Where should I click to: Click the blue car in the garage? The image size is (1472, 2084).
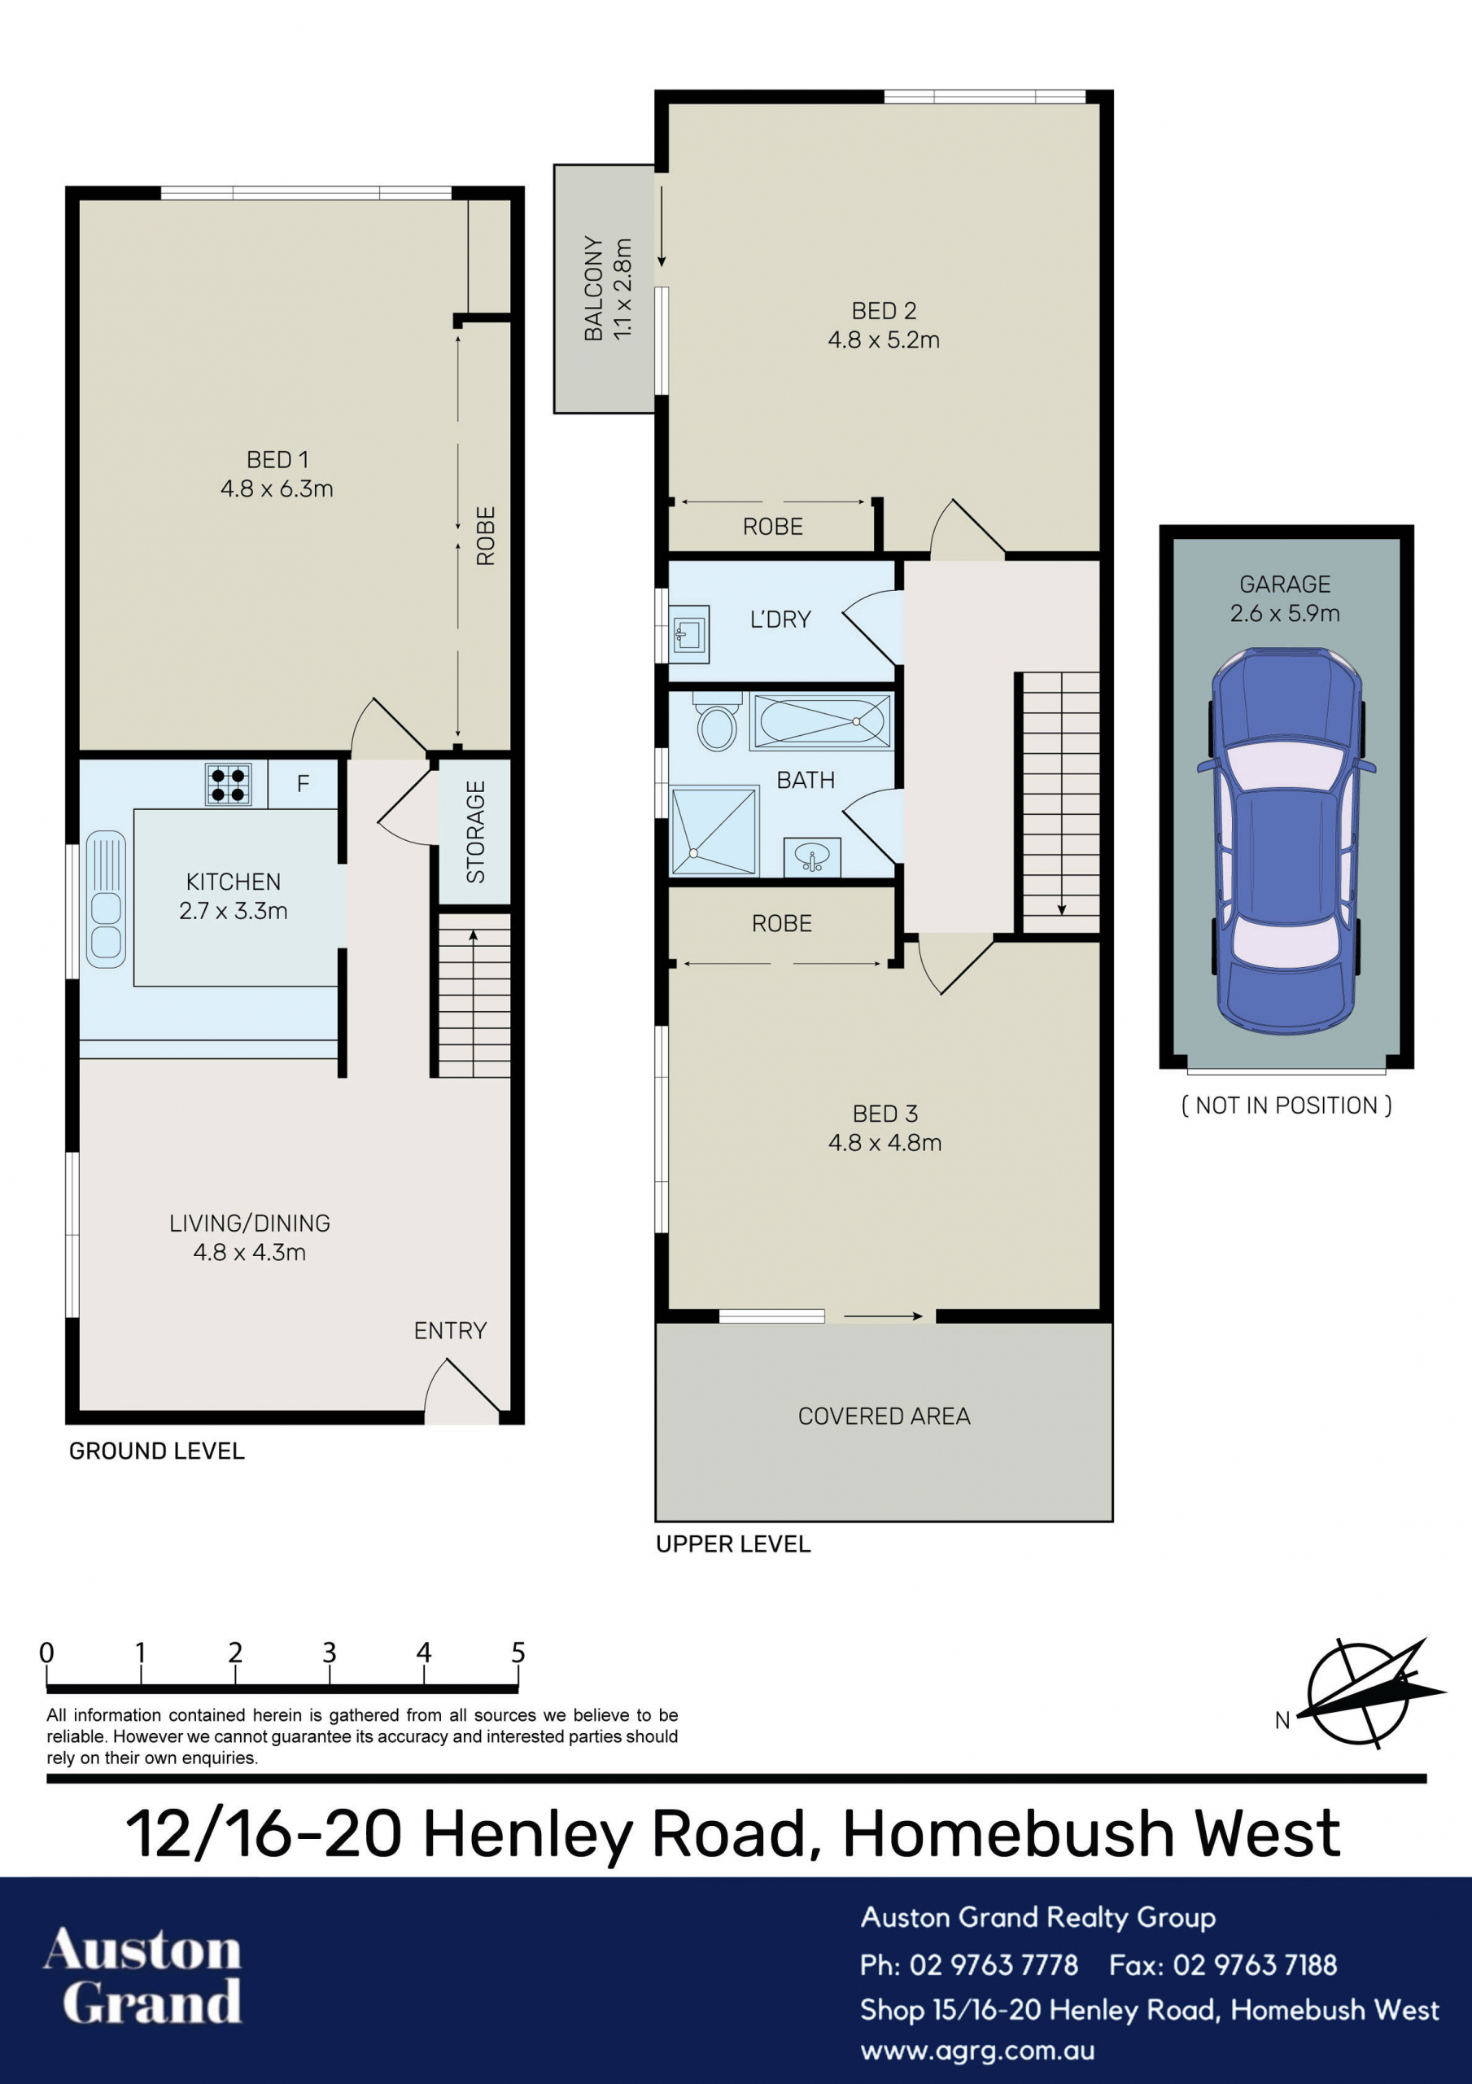pyautogui.click(x=1286, y=840)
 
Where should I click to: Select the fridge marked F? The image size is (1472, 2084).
pyautogui.click(x=304, y=784)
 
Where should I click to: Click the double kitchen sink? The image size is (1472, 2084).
pyautogui.click(x=106, y=899)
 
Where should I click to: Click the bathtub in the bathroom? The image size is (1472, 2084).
pyautogui.click(x=821, y=721)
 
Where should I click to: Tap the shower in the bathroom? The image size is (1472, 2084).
pyautogui.click(x=714, y=831)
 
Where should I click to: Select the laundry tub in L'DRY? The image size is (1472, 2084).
pyautogui.click(x=690, y=633)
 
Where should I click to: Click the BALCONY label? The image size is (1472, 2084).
pyautogui.click(x=593, y=289)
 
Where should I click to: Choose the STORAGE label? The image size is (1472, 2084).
pyautogui.click(x=475, y=831)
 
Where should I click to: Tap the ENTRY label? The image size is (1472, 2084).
pyautogui.click(x=450, y=1331)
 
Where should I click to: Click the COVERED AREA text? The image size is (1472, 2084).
pyautogui.click(x=884, y=1416)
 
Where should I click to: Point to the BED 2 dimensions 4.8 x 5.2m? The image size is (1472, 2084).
pyautogui.click(x=884, y=340)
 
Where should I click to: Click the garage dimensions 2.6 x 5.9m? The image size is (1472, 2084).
pyautogui.click(x=1285, y=614)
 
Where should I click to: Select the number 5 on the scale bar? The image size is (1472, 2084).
pyautogui.click(x=518, y=1652)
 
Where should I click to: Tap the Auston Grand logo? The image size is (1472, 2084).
pyautogui.click(x=143, y=1976)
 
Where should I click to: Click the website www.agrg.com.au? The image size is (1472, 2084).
pyautogui.click(x=977, y=2052)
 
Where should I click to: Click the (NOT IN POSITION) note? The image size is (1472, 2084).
pyautogui.click(x=1286, y=1105)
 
